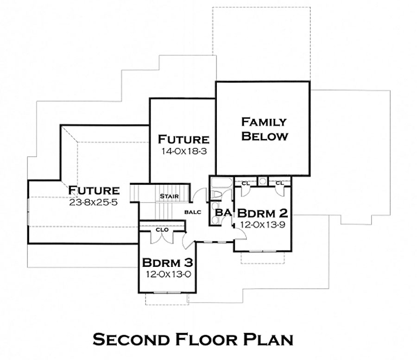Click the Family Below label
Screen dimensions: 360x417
265,129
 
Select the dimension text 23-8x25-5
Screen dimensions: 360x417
94,202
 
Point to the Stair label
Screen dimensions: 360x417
169,196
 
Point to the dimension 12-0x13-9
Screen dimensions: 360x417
263,224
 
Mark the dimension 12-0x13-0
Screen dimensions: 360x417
168,274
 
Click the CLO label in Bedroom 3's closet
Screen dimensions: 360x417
162,229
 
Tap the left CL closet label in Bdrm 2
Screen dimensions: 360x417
245,183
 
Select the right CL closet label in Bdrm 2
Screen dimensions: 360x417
279,183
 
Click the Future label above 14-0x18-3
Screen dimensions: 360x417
183,139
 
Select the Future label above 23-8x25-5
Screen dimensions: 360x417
94,190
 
